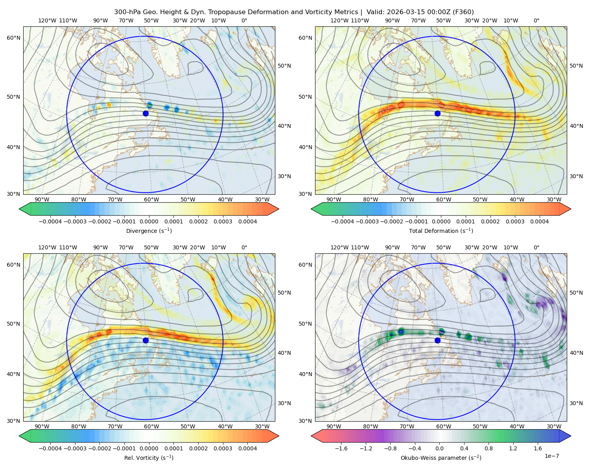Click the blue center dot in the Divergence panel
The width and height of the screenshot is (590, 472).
(x=146, y=113)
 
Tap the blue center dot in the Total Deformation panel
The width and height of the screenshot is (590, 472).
(x=437, y=113)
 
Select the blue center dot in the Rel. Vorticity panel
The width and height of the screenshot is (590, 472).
(x=146, y=340)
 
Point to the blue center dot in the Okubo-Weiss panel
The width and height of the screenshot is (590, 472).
(x=437, y=340)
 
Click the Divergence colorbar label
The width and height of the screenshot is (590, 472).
(x=149, y=230)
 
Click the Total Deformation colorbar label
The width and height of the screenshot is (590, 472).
(x=441, y=230)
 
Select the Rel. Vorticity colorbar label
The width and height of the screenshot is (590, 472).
(x=149, y=457)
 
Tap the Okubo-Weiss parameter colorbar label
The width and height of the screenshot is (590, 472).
(x=441, y=457)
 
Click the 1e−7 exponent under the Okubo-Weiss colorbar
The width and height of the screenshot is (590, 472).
(x=551, y=456)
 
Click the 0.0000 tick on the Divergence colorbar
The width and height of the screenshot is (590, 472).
(x=149, y=221)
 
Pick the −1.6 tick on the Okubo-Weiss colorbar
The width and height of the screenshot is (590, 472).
(x=341, y=448)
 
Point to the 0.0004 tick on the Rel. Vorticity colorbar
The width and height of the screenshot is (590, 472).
(x=247, y=448)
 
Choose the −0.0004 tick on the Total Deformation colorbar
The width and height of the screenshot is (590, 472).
(x=343, y=221)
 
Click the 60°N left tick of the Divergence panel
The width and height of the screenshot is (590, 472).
(x=13, y=38)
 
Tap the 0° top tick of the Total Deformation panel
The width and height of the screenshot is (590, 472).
(x=537, y=20)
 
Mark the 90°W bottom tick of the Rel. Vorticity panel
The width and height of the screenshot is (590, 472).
(x=42, y=426)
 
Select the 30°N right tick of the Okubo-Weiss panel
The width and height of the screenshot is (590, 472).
(x=576, y=403)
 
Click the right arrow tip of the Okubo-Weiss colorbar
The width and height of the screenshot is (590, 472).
(x=571, y=436)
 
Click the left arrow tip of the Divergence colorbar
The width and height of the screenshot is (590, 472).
(x=19, y=209)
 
